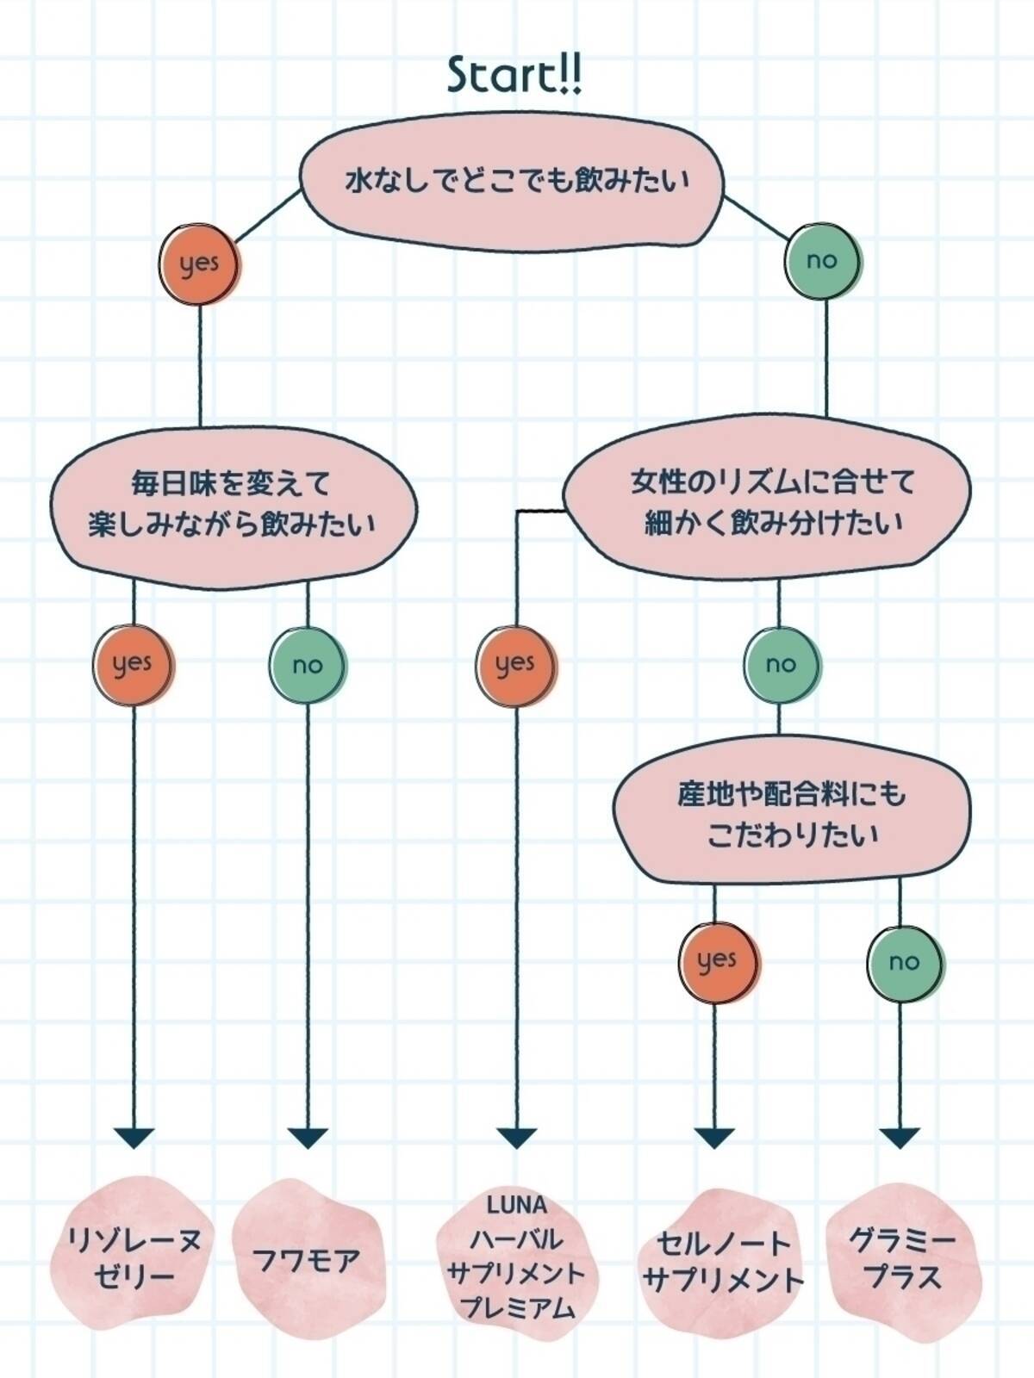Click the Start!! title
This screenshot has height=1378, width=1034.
click(515, 75)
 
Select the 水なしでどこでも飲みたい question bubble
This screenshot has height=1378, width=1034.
click(515, 183)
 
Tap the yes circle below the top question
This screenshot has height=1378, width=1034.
click(199, 264)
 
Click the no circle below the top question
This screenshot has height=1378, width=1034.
click(822, 260)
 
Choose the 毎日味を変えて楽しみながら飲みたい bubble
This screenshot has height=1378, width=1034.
click(231, 504)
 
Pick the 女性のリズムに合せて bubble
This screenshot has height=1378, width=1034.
click(769, 502)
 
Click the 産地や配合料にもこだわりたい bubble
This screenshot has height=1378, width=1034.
click(790, 813)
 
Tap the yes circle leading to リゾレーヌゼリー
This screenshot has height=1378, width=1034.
click(133, 664)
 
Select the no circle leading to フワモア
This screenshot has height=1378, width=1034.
click(307, 665)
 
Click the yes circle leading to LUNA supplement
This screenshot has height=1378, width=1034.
click(515, 664)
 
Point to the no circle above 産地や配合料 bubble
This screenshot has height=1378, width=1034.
click(781, 664)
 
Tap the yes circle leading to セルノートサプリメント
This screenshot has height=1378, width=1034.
click(716, 961)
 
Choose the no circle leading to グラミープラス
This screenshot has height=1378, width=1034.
click(903, 962)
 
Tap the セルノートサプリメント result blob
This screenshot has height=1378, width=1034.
click(722, 1262)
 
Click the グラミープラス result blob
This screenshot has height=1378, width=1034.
click(901, 1259)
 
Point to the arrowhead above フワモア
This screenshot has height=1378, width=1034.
click(307, 1138)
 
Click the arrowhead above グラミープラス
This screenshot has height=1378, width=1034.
click(900, 1138)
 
